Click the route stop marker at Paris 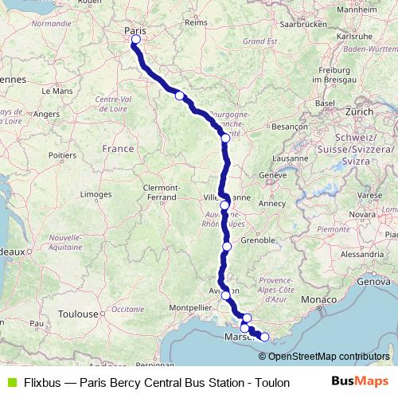click(x=135, y=39)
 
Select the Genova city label click(x=376, y=282)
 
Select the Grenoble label click(x=257, y=239)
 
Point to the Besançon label click(x=289, y=126)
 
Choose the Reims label click(x=196, y=23)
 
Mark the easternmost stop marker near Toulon click(x=264, y=336)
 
